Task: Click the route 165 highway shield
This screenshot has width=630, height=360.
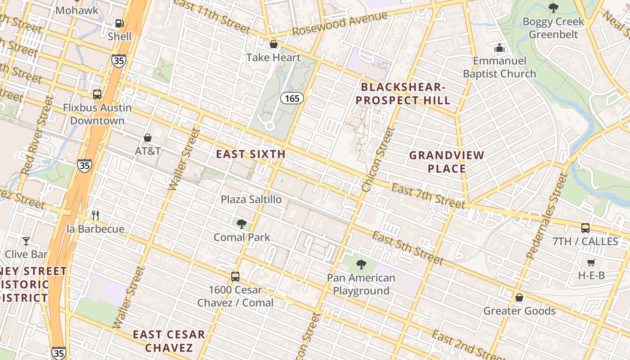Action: click(292, 98)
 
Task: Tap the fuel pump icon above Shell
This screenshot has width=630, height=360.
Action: click(119, 23)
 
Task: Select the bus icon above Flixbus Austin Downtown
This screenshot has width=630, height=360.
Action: click(97, 94)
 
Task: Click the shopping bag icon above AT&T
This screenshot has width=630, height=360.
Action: click(148, 138)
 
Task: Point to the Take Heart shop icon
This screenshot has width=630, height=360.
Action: click(273, 44)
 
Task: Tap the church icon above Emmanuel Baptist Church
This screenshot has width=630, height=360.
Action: click(499, 47)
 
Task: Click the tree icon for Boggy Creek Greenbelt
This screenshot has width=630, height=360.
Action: click(553, 8)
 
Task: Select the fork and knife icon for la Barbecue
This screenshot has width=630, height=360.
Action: click(95, 216)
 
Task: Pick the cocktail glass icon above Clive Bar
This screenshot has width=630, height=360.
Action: click(26, 241)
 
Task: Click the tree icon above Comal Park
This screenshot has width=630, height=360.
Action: click(242, 224)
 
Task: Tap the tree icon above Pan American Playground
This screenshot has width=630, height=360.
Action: click(361, 264)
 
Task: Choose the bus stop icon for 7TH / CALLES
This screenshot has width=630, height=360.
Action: click(585, 228)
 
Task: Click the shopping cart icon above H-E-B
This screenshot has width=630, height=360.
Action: click(591, 262)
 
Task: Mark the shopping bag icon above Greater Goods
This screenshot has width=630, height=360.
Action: click(519, 297)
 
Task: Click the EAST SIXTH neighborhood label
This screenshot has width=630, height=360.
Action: click(251, 154)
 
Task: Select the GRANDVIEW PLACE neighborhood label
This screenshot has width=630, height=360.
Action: click(446, 162)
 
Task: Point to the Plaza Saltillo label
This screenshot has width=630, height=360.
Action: click(251, 199)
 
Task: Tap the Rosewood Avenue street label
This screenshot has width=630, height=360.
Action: click(340, 24)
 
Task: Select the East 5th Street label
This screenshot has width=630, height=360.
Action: click(408, 248)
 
